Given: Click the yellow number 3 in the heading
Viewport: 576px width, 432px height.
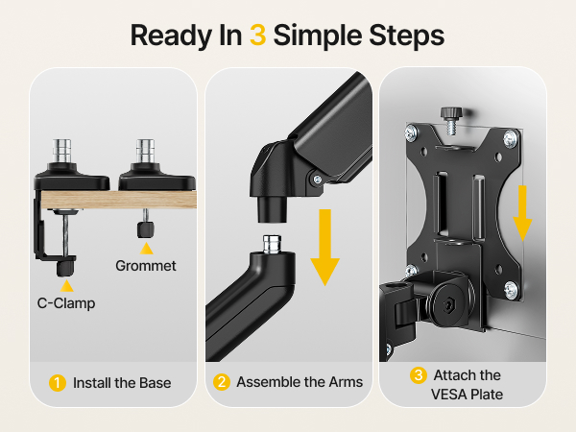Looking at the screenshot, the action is [x=258, y=36].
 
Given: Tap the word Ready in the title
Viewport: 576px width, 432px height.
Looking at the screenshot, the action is [x=172, y=36].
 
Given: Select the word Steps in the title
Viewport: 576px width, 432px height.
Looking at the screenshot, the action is [x=407, y=36].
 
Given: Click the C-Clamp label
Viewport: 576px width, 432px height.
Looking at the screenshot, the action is [x=66, y=303].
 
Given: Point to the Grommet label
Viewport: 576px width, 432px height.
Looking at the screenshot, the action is [x=146, y=266].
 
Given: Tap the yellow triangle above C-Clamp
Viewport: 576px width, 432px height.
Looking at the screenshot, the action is [x=66, y=286].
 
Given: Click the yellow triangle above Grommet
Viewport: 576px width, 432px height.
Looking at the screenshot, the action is [x=146, y=249].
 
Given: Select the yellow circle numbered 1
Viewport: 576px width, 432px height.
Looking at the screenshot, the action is [x=58, y=383].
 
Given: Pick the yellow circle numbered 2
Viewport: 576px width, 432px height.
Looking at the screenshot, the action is [x=222, y=382].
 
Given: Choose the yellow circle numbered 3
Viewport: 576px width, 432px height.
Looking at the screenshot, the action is [x=419, y=375].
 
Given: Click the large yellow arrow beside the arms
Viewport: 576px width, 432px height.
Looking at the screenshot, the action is [x=325, y=247].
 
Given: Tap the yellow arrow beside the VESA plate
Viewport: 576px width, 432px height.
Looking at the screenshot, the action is [x=522, y=213].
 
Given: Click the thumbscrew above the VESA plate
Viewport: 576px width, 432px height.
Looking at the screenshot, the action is [x=451, y=120].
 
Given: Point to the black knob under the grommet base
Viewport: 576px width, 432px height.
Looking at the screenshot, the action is [x=146, y=229].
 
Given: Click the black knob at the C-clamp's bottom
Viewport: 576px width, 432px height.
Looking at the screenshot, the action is [x=65, y=268].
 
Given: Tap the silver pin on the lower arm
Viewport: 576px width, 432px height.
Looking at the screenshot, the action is [x=273, y=244].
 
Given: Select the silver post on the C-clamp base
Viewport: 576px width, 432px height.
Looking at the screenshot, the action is [x=62, y=151].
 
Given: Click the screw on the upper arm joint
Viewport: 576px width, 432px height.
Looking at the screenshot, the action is [x=318, y=180].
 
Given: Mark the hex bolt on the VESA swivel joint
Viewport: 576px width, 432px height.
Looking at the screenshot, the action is [x=448, y=304].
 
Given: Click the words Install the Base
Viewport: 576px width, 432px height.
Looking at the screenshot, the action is [x=122, y=383].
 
